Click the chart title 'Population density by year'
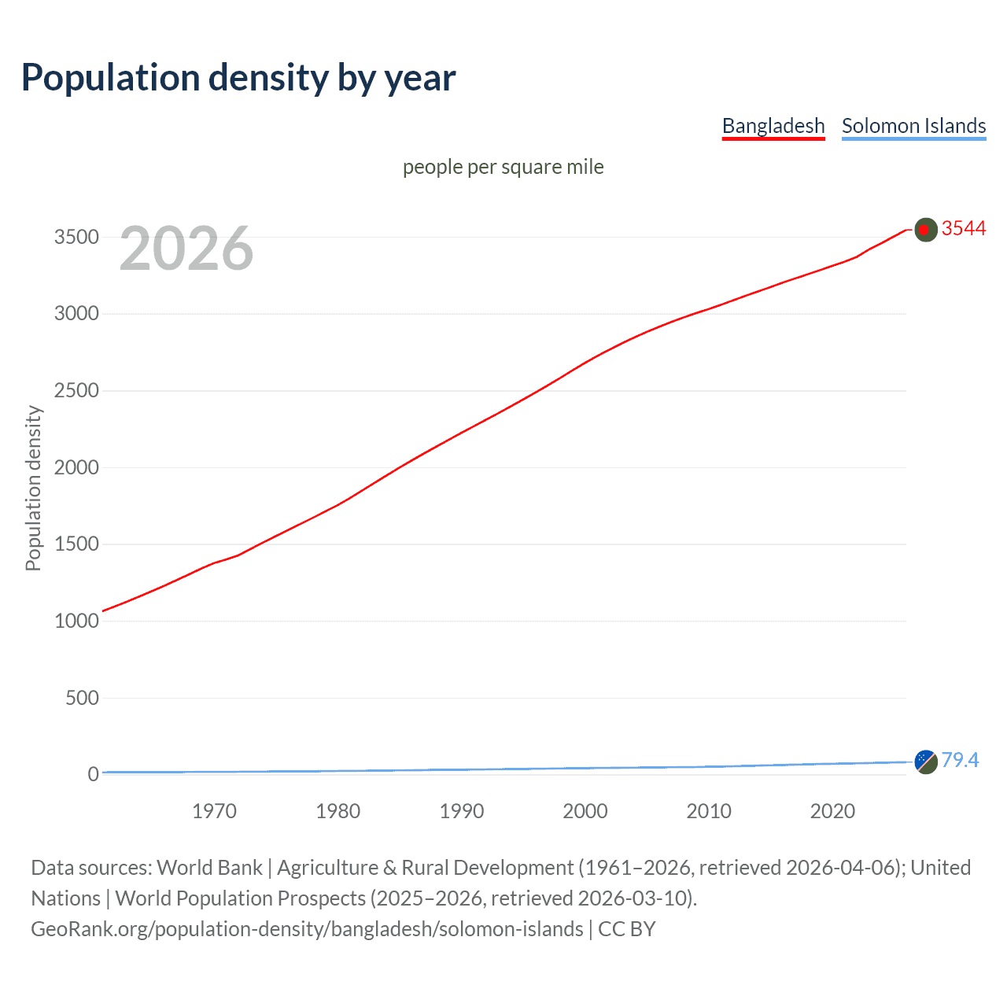[x=238, y=78]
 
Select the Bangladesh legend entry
[x=773, y=126]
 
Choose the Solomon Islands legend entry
[x=913, y=126]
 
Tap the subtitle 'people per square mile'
[x=503, y=168]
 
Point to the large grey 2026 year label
[x=186, y=249]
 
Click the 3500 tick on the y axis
[x=76, y=237]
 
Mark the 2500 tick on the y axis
[x=76, y=391]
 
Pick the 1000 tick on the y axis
[x=76, y=622]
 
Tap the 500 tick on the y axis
[x=82, y=698]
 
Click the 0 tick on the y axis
[x=94, y=775]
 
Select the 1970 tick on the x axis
[x=214, y=811]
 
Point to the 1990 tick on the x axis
[x=462, y=811]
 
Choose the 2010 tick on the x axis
[x=709, y=811]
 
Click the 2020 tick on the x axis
[x=832, y=811]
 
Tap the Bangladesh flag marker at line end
[x=926, y=230]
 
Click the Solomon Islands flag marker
[x=926, y=762]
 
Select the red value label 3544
[x=964, y=229]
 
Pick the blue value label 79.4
[x=960, y=761]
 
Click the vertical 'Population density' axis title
[x=33, y=488]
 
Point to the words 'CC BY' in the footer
[x=626, y=929]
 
